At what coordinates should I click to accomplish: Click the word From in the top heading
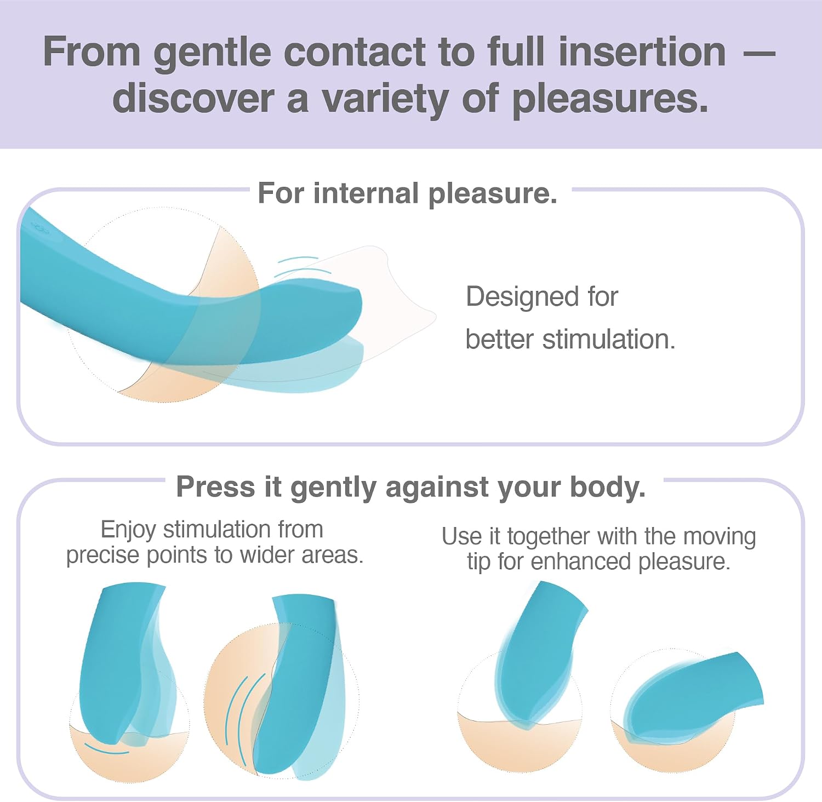(x=92, y=52)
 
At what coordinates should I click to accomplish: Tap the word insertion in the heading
(x=642, y=52)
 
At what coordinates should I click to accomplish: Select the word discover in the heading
(x=193, y=99)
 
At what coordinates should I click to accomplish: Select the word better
(x=499, y=339)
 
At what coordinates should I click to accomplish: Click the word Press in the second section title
(x=215, y=486)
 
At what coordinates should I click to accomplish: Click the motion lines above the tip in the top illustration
(x=301, y=266)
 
